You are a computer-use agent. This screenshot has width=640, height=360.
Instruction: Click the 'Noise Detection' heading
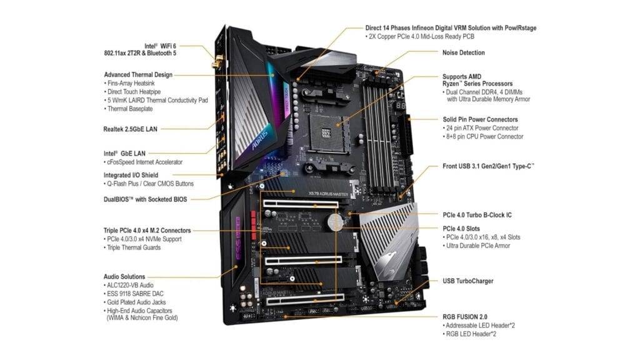tap(463, 53)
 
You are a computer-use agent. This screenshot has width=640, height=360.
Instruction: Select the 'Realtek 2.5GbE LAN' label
tap(130, 129)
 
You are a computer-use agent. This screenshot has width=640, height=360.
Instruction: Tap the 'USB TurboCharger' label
tap(467, 281)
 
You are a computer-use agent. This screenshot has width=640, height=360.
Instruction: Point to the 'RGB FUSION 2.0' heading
tap(466, 317)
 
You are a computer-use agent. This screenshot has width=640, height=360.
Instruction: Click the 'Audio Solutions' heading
tap(124, 276)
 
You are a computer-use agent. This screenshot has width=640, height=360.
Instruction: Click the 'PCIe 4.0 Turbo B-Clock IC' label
tap(477, 215)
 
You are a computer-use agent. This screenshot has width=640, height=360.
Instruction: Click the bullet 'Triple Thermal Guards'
tap(133, 247)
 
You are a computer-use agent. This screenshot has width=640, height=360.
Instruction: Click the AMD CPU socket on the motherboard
tap(325, 131)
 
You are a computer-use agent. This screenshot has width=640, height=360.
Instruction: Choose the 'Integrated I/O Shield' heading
tap(131, 175)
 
